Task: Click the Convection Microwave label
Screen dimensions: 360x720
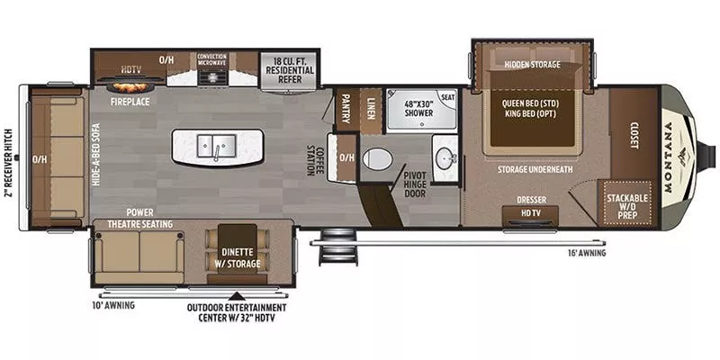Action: (211, 61)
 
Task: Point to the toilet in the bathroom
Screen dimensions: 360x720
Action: (376, 160)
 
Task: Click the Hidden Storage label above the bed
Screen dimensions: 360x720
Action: (532, 65)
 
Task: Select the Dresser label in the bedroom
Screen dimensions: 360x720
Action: (531, 200)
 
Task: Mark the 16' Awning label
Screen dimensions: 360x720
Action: (586, 253)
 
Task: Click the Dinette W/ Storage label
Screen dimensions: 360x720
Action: (238, 256)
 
